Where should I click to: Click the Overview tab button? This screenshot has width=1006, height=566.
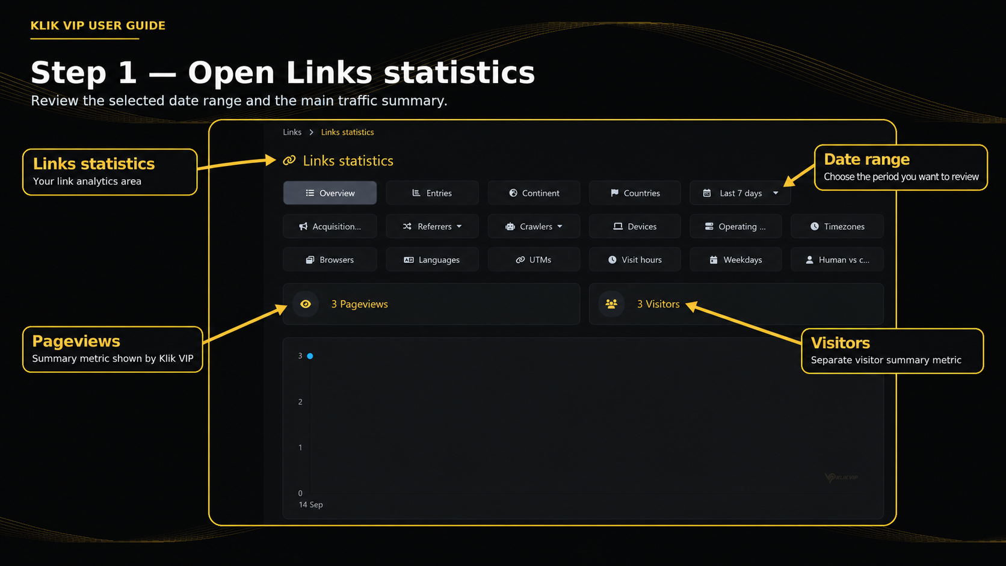click(330, 193)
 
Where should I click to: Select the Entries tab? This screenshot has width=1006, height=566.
click(432, 193)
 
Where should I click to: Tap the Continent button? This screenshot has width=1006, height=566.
click(534, 193)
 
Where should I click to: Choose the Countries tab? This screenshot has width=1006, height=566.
click(635, 193)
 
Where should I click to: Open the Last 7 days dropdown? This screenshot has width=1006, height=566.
click(740, 193)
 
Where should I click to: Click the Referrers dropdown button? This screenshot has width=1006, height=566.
click(432, 226)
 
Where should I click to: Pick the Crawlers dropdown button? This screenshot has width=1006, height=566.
click(534, 226)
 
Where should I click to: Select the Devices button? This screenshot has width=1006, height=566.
click(635, 226)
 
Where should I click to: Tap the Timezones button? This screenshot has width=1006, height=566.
click(837, 226)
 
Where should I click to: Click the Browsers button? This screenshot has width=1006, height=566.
click(330, 259)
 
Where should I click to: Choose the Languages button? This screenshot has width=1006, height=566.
click(432, 259)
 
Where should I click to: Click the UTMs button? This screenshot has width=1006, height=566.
click(534, 259)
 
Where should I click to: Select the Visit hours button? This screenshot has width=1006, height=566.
click(635, 259)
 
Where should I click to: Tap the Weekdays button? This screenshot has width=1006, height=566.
click(736, 259)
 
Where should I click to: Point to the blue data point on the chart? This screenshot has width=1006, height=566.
click(310, 356)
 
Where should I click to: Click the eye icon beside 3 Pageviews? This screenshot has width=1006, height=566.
click(306, 304)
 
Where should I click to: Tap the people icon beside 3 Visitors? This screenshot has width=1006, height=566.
click(611, 304)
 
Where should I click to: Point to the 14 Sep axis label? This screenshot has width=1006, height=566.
click(311, 505)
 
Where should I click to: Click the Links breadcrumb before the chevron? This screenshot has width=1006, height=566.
click(292, 132)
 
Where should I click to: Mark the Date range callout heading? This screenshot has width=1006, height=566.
click(866, 159)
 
